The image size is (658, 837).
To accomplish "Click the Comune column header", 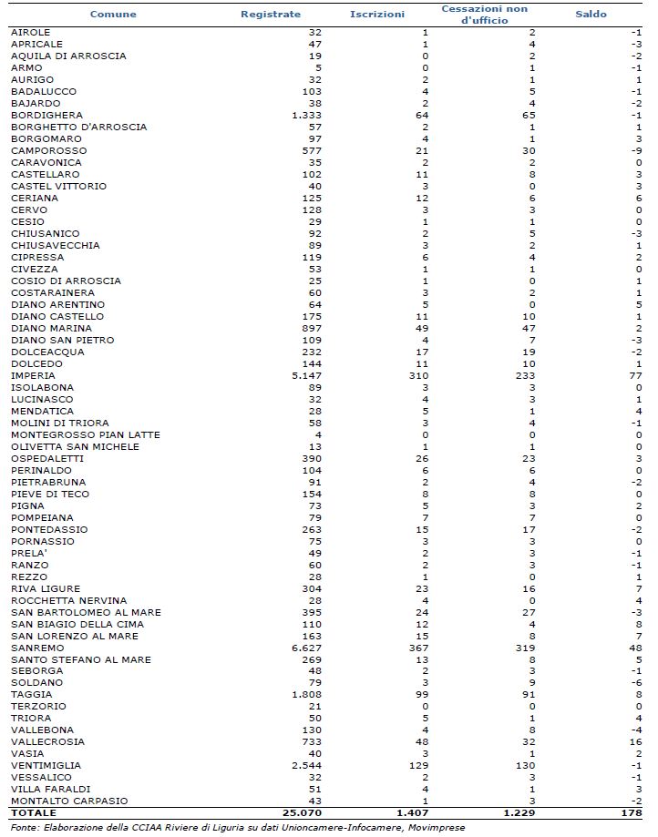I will (114, 15).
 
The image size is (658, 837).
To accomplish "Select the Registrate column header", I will (271, 15).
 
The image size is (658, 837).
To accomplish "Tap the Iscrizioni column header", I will (377, 15).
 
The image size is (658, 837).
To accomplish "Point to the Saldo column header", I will (591, 15).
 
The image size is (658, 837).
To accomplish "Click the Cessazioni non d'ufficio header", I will (484, 15).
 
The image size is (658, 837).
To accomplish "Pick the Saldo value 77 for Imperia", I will (636, 375).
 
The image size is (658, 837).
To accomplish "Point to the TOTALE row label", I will (34, 812).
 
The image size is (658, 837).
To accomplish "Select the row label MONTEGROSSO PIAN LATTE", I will (85, 434).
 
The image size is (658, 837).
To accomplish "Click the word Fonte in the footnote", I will (25, 827).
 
